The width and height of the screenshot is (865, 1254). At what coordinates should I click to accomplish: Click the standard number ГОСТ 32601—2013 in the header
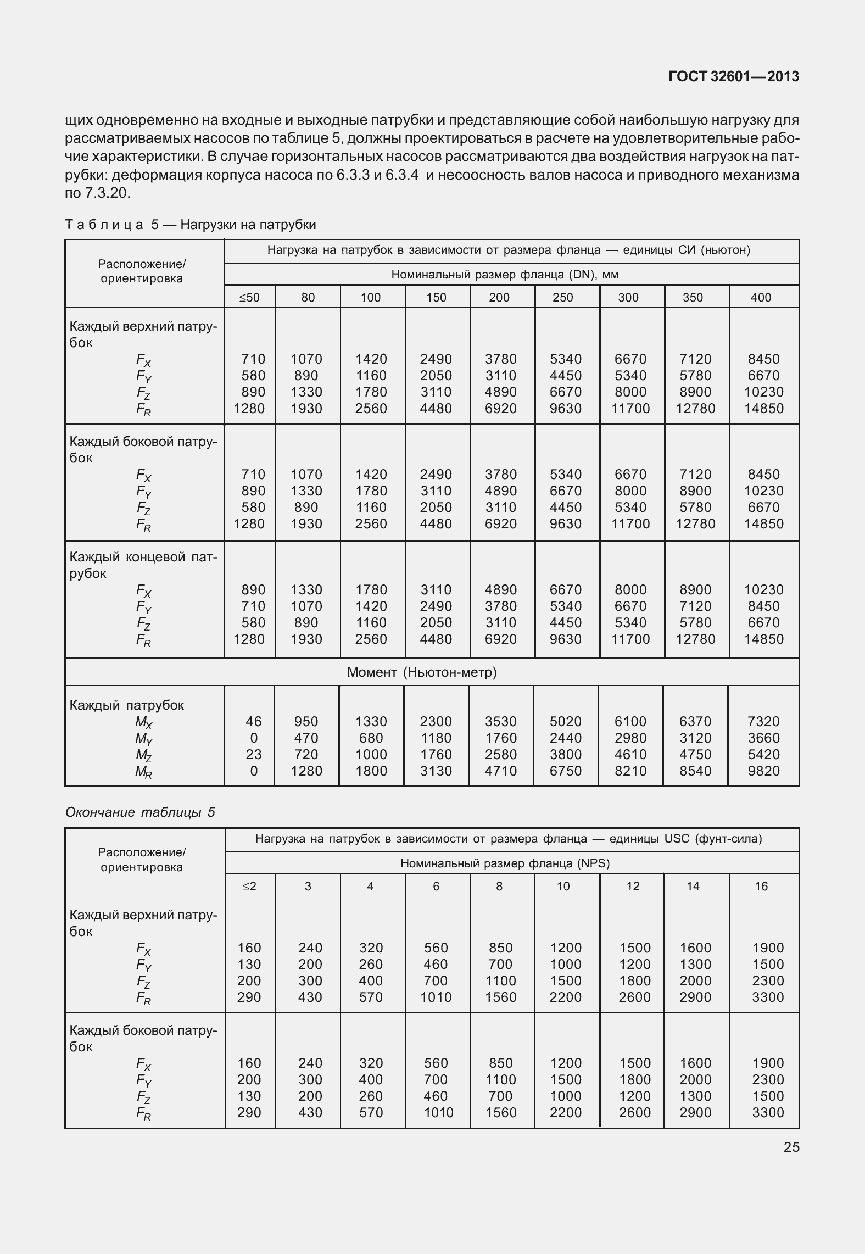click(733, 77)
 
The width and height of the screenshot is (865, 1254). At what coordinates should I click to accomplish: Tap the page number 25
click(791, 1147)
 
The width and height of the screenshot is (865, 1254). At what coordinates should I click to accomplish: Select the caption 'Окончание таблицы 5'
click(140, 812)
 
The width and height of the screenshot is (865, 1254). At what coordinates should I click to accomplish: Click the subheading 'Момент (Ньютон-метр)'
click(421, 672)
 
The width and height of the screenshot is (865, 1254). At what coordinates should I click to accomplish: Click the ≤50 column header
click(249, 298)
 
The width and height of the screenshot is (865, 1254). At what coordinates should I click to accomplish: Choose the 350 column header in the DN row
click(693, 298)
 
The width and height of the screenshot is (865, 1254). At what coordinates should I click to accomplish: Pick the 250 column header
click(562, 298)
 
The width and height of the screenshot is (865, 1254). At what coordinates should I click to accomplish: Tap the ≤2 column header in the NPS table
click(249, 887)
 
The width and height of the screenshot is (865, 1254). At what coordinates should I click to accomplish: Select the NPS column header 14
click(693, 887)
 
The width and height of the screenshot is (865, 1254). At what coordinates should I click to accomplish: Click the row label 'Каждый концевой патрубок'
click(143, 565)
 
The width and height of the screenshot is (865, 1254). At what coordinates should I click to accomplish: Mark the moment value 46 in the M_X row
click(254, 721)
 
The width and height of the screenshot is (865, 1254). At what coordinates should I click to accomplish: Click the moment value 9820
click(763, 771)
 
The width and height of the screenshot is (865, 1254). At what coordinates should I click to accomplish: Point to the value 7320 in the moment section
click(763, 721)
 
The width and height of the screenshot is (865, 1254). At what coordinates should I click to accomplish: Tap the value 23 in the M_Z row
click(254, 755)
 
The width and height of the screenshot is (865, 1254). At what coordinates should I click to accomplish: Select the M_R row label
click(143, 772)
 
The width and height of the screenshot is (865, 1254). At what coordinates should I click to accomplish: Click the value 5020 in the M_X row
click(566, 721)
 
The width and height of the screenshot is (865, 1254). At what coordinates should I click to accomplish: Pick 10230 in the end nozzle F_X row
click(763, 590)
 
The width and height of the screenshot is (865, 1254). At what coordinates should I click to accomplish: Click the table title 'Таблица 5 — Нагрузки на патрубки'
click(191, 225)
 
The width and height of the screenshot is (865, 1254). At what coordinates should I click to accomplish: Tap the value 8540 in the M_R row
click(695, 771)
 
